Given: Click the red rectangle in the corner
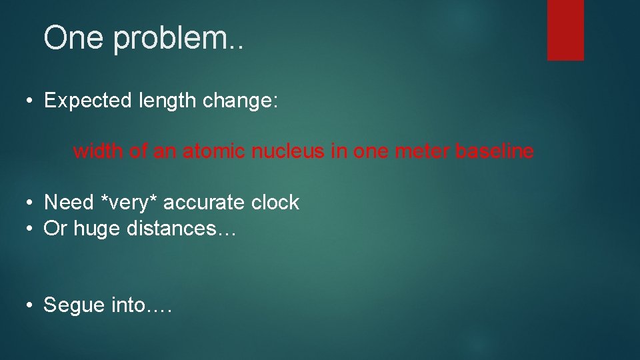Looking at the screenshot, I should tap(565, 29).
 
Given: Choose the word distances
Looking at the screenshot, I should tap(174, 229).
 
